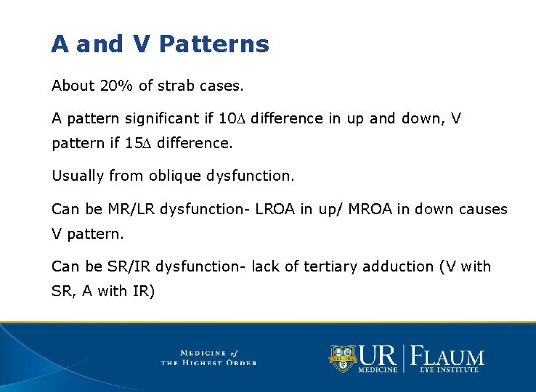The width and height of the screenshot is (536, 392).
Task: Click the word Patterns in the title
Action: click(214, 44)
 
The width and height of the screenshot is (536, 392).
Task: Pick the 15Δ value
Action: click(139, 143)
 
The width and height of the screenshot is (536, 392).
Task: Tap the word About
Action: click(73, 86)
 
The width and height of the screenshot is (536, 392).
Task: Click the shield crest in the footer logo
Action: click(344, 358)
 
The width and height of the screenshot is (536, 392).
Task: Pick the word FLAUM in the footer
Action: click(447, 356)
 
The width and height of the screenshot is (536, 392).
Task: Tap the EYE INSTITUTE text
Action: click(449, 370)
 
